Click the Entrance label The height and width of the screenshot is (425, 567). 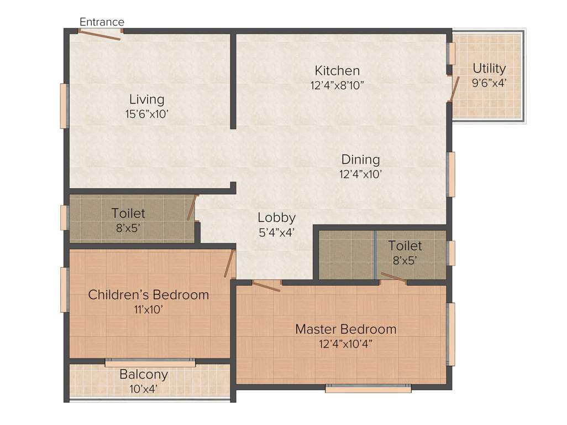pyautogui.click(x=102, y=22)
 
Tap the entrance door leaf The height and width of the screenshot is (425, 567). pyautogui.click(x=99, y=35)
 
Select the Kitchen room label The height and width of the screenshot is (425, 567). pyautogui.click(x=337, y=71)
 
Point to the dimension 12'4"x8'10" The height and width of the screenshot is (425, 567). pyautogui.click(x=337, y=86)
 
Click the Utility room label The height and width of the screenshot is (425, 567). pyautogui.click(x=489, y=69)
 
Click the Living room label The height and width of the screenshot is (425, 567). pyautogui.click(x=146, y=100)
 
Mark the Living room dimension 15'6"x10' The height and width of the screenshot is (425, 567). pyautogui.click(x=146, y=114)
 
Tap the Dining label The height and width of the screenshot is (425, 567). pyautogui.click(x=360, y=160)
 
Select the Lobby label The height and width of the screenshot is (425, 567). pyautogui.click(x=277, y=217)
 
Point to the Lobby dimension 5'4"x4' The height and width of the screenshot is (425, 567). pyautogui.click(x=277, y=232)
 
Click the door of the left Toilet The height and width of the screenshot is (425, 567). pyautogui.click(x=192, y=208)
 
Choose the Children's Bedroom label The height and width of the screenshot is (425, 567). pyautogui.click(x=149, y=295)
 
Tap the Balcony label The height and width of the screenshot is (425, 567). pyautogui.click(x=144, y=375)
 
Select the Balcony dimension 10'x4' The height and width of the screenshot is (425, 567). pyautogui.click(x=144, y=388)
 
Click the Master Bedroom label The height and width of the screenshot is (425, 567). pyautogui.click(x=345, y=329)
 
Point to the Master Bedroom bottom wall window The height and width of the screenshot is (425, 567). pyautogui.click(x=368, y=389)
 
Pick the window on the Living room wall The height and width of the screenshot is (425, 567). pyautogui.click(x=64, y=106)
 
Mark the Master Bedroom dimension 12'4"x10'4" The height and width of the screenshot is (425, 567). pyautogui.click(x=345, y=344)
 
